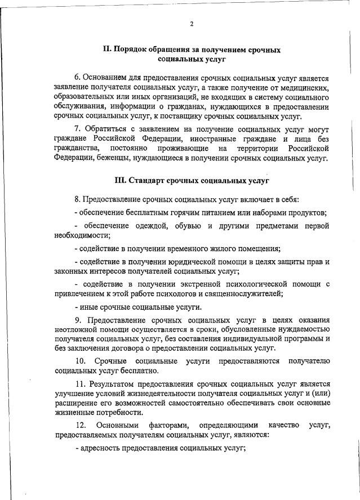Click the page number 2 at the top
click(192, 24)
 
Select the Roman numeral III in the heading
click(119, 181)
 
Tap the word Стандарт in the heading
click(147, 181)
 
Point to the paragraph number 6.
click(77, 77)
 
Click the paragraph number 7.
click(77, 130)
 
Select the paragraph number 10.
click(80, 360)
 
